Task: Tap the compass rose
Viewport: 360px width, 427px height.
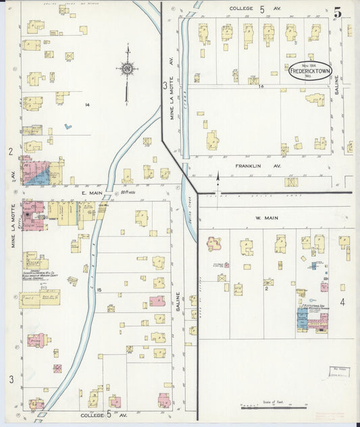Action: point(126,68)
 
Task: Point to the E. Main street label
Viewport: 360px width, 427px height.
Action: point(91,193)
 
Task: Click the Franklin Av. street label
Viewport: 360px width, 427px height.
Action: point(249,165)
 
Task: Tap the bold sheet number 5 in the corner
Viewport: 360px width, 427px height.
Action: point(337,11)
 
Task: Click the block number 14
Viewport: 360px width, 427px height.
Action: point(87,105)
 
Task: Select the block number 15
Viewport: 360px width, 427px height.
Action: point(99,290)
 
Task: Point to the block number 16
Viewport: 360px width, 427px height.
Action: point(259,86)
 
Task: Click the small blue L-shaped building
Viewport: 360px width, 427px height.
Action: point(68,126)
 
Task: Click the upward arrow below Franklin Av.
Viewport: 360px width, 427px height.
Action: point(217,177)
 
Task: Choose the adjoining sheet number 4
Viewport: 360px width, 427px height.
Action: point(342,301)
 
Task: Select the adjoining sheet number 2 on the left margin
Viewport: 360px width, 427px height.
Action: point(11,152)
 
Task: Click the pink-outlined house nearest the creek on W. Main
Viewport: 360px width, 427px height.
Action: point(215,243)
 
